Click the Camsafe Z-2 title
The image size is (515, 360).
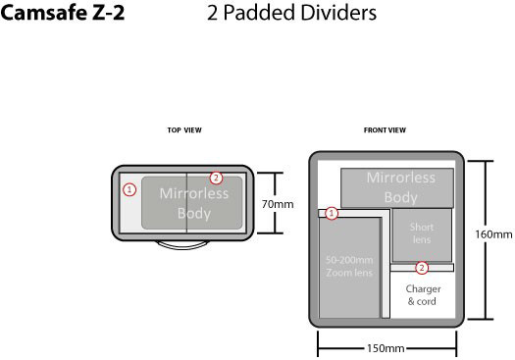pyautogui.click(x=63, y=13)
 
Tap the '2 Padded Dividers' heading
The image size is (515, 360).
pyautogui.click(x=291, y=13)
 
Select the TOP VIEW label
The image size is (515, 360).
pyautogui.click(x=184, y=130)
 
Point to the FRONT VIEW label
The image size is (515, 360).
pyautogui.click(x=385, y=130)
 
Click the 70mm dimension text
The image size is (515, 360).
pyautogui.click(x=278, y=204)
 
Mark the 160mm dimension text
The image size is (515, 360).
pyautogui.click(x=493, y=234)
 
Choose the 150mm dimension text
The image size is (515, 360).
pyautogui.click(x=386, y=348)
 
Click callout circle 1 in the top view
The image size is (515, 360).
pyautogui.click(x=129, y=189)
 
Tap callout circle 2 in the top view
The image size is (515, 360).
pyautogui.click(x=216, y=178)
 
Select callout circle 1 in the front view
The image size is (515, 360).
pyautogui.click(x=332, y=214)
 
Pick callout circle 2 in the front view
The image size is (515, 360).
pyautogui.click(x=422, y=268)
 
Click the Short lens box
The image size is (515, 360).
pyautogui.click(x=422, y=234)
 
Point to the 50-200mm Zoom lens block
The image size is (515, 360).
pyautogui.click(x=349, y=268)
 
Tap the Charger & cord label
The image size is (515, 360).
pyautogui.click(x=423, y=295)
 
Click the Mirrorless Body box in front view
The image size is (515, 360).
pyautogui.click(x=397, y=188)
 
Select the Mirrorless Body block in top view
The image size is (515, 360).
pyautogui.click(x=192, y=203)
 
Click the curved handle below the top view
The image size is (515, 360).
pyautogui.click(x=182, y=245)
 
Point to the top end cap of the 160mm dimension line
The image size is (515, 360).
pyautogui.click(x=486, y=161)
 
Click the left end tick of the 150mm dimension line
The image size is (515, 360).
pyautogui.click(x=318, y=343)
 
